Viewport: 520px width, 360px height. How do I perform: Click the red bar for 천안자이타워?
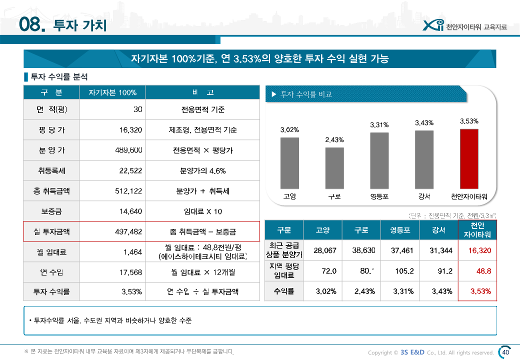469,158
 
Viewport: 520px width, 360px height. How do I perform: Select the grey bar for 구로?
334,167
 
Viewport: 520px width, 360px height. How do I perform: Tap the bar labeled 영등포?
379,160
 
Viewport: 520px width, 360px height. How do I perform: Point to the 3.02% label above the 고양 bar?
289,129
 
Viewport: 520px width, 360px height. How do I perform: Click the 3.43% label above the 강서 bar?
424,122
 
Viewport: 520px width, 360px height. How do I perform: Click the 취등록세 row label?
51,171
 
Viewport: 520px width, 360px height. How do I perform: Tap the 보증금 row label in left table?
51,211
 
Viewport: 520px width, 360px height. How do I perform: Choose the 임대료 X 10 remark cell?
202,211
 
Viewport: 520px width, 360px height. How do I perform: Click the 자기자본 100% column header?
112,93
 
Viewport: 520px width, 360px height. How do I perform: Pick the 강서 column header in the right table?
439,230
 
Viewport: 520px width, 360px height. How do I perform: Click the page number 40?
505,352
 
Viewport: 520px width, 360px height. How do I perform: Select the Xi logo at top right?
432,25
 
